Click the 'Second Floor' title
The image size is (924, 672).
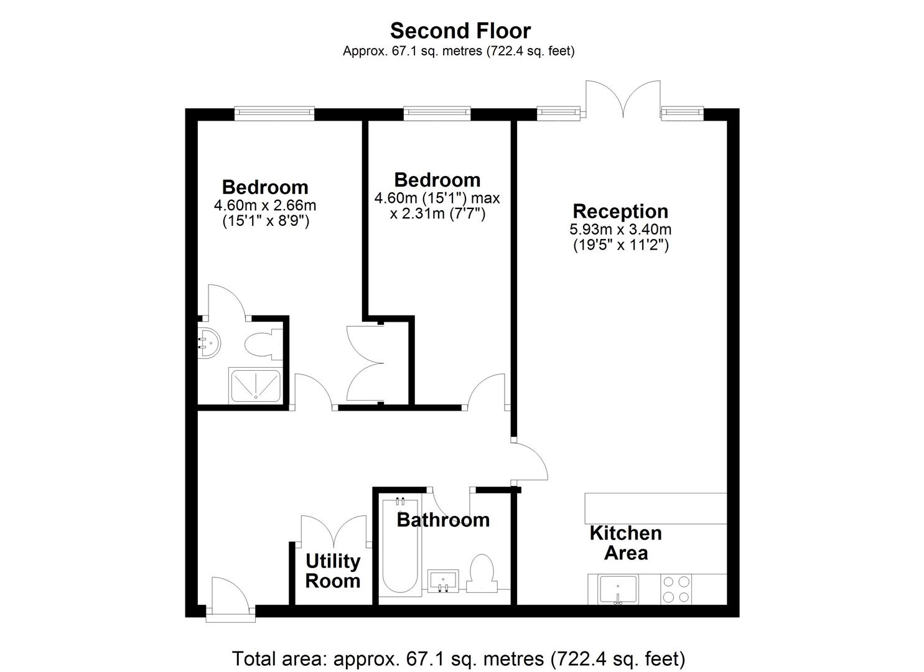[x=460, y=31]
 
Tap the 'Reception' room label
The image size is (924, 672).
[x=620, y=211]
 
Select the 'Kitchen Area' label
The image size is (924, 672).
[x=626, y=543]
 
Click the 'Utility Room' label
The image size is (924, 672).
[x=333, y=571]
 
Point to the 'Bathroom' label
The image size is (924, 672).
[x=443, y=520]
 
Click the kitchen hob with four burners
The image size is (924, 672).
[x=676, y=589]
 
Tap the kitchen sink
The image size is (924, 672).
[x=618, y=589]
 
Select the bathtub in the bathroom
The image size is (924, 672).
[x=400, y=546]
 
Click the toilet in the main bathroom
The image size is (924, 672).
[x=482, y=574]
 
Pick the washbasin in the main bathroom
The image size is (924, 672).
[x=443, y=581]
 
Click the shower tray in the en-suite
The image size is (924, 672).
[x=256, y=386]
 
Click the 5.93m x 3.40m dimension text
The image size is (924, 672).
[x=620, y=229]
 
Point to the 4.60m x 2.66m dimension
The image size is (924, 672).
[x=265, y=205]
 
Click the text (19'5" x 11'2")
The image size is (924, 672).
[x=621, y=245]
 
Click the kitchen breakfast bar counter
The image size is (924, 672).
[x=655, y=508]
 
